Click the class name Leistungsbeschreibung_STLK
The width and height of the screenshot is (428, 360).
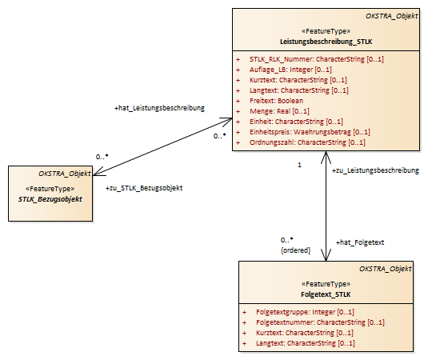(x=326, y=42)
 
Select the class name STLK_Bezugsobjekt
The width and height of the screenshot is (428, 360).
(x=50, y=199)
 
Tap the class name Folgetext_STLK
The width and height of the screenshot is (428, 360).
(x=326, y=294)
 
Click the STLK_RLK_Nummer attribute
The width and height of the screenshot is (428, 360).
(x=316, y=59)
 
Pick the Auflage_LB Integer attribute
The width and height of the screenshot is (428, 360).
(x=290, y=70)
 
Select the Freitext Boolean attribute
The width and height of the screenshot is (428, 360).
(x=276, y=101)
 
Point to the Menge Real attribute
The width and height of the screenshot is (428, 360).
(x=279, y=111)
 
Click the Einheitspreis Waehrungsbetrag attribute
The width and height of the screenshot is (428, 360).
(x=310, y=132)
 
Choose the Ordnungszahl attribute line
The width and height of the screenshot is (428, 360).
(x=307, y=142)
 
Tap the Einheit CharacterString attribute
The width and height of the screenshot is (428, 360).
(x=296, y=122)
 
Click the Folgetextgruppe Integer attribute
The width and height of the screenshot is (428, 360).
(x=305, y=312)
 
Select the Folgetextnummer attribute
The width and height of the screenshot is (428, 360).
(x=320, y=322)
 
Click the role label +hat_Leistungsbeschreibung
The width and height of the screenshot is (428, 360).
(x=159, y=108)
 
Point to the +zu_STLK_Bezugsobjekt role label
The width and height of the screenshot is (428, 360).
(x=144, y=188)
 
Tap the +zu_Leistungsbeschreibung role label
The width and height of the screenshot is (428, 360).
(x=375, y=170)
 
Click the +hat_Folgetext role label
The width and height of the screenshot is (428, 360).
(x=360, y=242)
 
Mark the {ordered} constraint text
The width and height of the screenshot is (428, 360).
(x=296, y=250)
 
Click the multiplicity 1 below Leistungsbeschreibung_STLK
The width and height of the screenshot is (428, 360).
(x=299, y=165)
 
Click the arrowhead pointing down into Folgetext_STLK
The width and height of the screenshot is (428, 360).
(x=326, y=255)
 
